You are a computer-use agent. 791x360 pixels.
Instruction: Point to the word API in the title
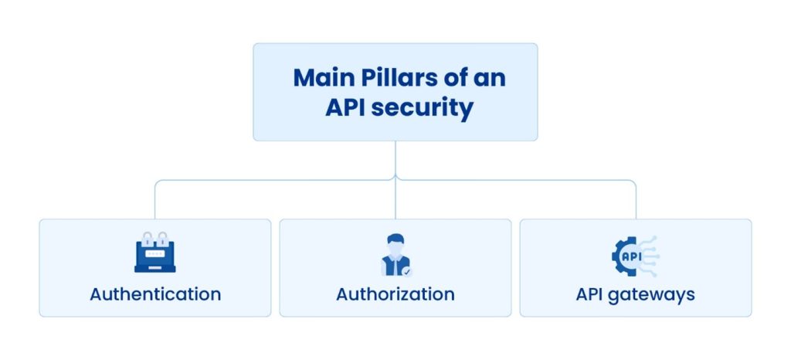click(x=345, y=107)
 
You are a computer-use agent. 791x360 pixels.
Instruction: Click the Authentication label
click(x=155, y=294)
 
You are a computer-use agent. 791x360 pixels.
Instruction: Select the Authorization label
click(x=395, y=294)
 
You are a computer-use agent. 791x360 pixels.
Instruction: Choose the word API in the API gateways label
click(x=592, y=294)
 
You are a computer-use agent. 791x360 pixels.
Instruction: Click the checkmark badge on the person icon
click(x=407, y=271)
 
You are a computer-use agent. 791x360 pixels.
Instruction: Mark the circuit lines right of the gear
click(x=650, y=256)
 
